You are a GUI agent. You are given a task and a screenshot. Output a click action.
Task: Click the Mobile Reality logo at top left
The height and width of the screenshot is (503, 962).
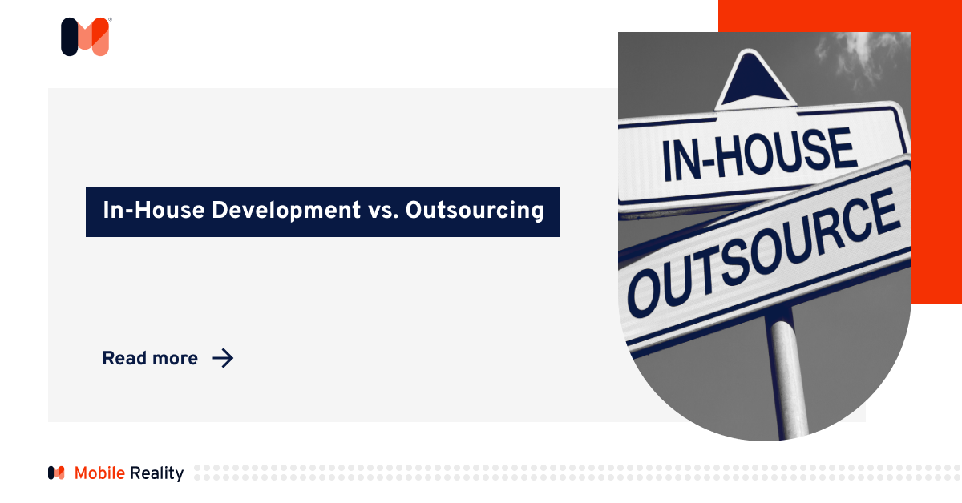click(85, 37)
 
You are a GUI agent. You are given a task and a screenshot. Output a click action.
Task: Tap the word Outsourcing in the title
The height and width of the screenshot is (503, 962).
click(475, 211)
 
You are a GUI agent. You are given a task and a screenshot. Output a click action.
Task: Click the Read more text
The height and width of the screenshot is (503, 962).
click(150, 359)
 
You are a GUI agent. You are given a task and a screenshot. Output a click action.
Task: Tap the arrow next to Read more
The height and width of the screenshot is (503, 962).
click(223, 358)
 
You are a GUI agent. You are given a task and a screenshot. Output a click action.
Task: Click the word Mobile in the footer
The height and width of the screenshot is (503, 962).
click(99, 473)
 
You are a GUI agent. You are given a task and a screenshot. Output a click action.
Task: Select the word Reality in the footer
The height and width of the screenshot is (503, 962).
click(156, 473)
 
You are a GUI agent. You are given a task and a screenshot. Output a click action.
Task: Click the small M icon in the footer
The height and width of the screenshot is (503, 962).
click(56, 473)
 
